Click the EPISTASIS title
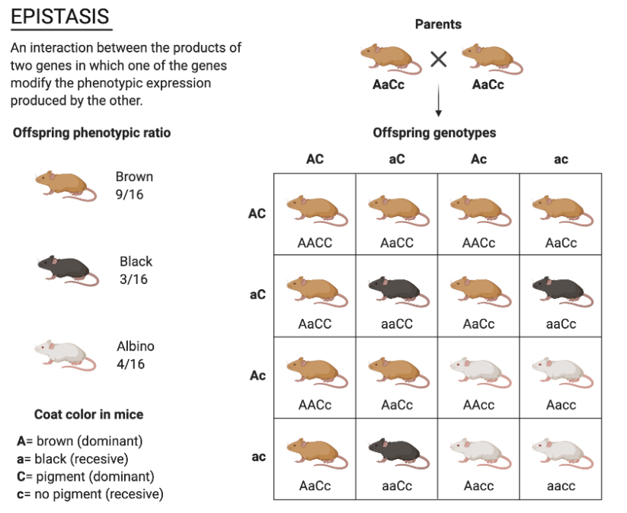tap(60, 16)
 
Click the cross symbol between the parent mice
tap(438, 59)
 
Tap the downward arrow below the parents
tap(438, 103)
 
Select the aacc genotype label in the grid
tap(561, 486)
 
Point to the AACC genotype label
tap(315, 243)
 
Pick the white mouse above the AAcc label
tap(478, 371)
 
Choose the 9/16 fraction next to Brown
tap(130, 195)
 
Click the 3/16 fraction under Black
tap(133, 279)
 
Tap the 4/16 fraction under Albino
tap(131, 364)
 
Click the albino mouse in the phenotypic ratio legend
tap(66, 353)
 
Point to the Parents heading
tap(438, 24)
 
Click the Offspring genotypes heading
tap(434, 133)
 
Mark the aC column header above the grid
tap(397, 159)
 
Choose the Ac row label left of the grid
tap(258, 376)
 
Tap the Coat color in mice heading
tap(88, 415)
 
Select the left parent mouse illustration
tap(389, 58)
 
